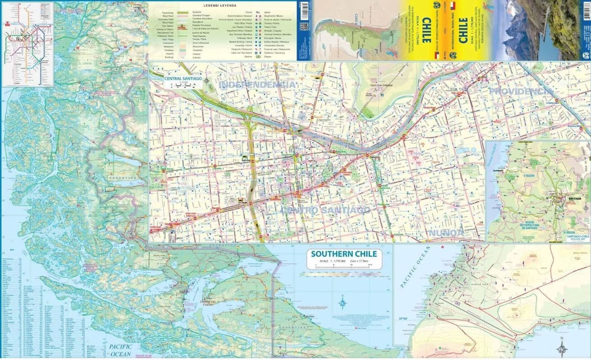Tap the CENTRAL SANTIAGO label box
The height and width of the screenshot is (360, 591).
183,78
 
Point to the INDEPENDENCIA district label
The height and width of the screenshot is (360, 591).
257,85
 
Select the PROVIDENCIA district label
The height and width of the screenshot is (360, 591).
521,91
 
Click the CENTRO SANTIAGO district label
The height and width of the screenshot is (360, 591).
326,210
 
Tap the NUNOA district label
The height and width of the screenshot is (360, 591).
446,233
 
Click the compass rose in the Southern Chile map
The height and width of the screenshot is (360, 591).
343,302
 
